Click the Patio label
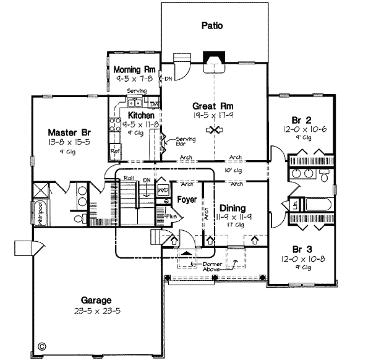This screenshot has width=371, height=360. coord(211,26)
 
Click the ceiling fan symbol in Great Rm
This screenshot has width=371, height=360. coord(216,130)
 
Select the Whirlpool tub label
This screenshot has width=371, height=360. coord(38,213)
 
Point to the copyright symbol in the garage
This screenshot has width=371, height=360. coord(42,347)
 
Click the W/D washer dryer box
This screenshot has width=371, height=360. coord(163,191)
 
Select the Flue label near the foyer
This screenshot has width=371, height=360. coord(172,216)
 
